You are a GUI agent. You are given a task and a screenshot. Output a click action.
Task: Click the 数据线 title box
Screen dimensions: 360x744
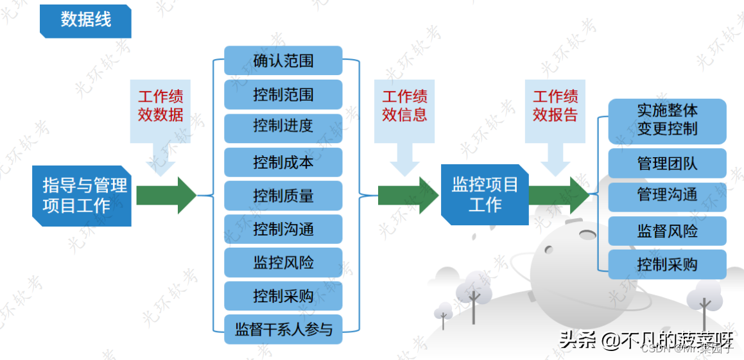pyautogui.click(x=85, y=20)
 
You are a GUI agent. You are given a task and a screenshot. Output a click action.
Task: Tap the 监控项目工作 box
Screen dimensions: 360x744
pyautogui.click(x=485, y=195)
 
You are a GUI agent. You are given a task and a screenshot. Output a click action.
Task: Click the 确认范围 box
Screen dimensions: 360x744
pyautogui.click(x=283, y=61)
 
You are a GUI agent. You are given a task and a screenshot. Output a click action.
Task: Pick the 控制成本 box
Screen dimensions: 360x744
pyautogui.click(x=283, y=162)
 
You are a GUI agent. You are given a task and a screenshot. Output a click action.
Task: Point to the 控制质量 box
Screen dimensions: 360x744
pyautogui.click(x=283, y=196)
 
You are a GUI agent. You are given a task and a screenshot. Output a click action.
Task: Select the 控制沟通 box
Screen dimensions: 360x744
pyautogui.click(x=283, y=229)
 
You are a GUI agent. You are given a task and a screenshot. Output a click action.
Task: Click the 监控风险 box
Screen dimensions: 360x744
pyautogui.click(x=283, y=262)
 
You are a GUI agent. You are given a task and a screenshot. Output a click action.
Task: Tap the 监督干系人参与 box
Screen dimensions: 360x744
pyautogui.click(x=283, y=330)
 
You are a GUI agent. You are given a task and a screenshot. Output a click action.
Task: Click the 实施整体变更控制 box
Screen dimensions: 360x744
pyautogui.click(x=667, y=120)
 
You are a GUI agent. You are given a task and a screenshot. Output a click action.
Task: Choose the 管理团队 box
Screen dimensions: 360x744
pyautogui.click(x=667, y=163)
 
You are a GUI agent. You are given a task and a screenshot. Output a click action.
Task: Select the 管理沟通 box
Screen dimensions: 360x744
pyautogui.click(x=667, y=197)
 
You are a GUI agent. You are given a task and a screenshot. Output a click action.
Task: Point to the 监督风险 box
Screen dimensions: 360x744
pyautogui.click(x=667, y=231)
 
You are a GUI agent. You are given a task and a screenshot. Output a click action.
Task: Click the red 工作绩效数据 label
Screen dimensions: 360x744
pyautogui.click(x=160, y=106)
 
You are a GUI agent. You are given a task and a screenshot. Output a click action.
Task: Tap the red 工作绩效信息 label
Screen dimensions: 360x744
pyautogui.click(x=405, y=106)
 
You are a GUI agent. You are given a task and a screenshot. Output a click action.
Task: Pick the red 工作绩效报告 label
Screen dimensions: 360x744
pyautogui.click(x=555, y=106)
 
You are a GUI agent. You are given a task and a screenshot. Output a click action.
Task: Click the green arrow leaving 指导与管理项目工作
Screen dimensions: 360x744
pyautogui.click(x=166, y=195)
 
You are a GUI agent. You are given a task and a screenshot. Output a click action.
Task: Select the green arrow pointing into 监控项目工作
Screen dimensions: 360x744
pyautogui.click(x=408, y=195)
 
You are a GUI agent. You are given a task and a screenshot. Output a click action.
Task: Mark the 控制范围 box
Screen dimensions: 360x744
pyautogui.click(x=283, y=95)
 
